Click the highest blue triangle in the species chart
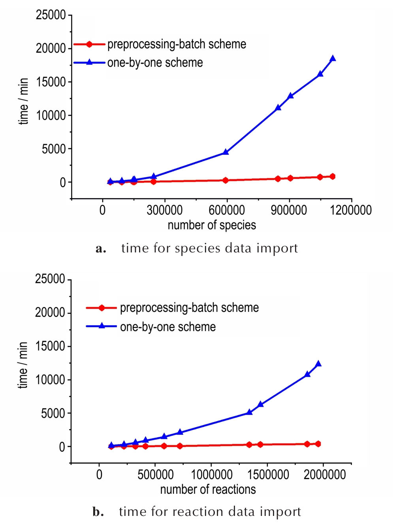333,59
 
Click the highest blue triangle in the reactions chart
318,364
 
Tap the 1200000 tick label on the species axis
351,210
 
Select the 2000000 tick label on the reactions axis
325,474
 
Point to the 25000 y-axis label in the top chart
51,15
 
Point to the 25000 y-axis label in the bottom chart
50,279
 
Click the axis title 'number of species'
212,225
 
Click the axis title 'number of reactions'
208,489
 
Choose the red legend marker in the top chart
89,44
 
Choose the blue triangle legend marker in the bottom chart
102,326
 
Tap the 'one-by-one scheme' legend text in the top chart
155,63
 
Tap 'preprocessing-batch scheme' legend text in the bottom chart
189,307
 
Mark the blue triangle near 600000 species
226,152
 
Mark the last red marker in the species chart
333,176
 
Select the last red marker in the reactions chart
318,444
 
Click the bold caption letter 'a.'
101,248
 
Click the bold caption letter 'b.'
98,512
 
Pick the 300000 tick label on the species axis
164,210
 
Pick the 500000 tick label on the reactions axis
155,474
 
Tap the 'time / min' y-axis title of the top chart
24,101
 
